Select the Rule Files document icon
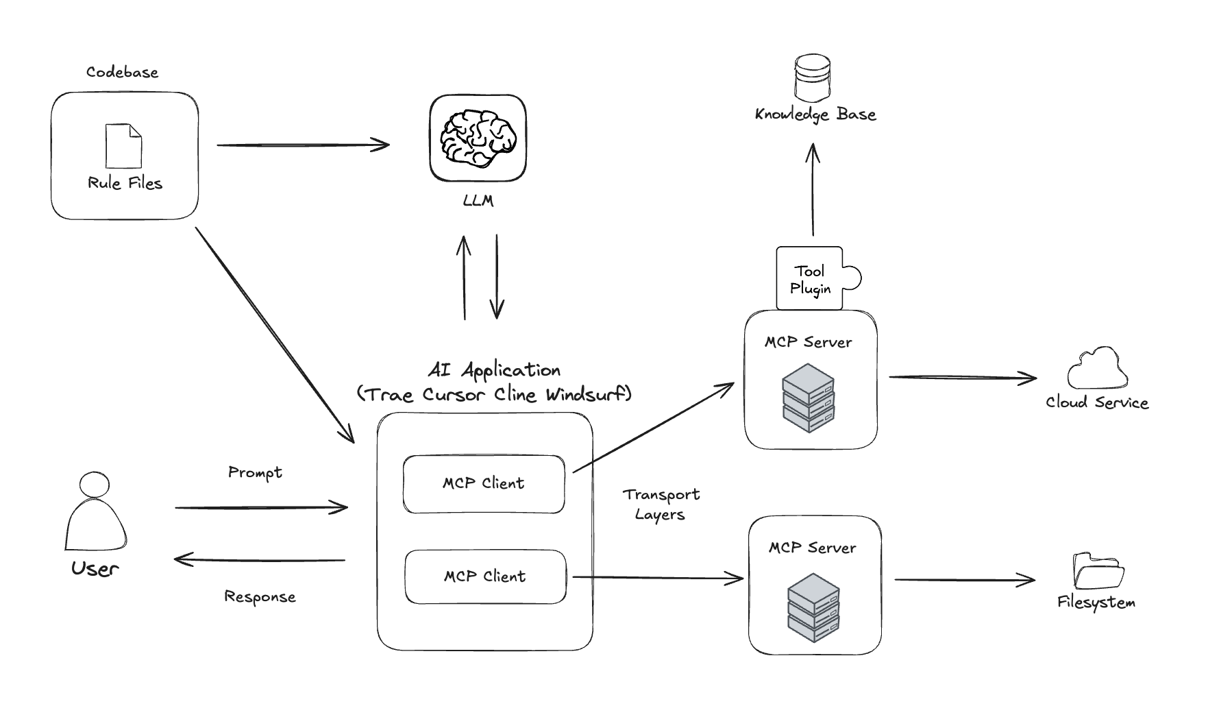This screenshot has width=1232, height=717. pos(123,146)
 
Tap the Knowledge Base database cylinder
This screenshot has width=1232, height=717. pos(813,78)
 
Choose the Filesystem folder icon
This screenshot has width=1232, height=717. pos(1098,570)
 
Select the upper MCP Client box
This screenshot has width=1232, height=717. pos(484,484)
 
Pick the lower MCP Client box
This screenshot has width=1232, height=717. pos(485,576)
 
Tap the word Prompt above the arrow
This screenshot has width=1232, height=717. pos(255,472)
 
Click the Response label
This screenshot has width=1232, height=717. pos(260,597)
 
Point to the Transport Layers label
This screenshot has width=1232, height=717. pos(661,505)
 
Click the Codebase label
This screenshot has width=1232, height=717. pos(122,72)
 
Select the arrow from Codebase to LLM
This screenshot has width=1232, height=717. pos(303,145)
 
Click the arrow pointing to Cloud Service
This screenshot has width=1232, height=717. pos(962,377)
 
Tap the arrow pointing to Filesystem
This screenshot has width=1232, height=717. pos(964,580)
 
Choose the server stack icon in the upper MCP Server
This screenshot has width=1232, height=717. pos(809,398)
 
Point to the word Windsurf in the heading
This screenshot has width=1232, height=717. pos(588,394)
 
